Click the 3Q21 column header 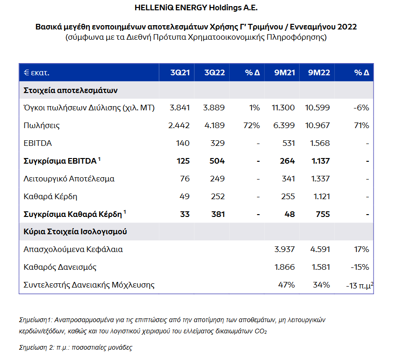[180, 72]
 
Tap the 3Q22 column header [215, 72]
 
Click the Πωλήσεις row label [42, 125]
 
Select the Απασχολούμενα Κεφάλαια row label [73, 249]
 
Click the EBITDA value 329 [217, 143]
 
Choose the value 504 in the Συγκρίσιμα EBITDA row [217, 161]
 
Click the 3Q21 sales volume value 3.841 [180, 108]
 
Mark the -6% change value [361, 108]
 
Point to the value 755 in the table [323, 214]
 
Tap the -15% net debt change [360, 267]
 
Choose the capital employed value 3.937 [284, 249]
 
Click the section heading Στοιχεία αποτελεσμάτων [70, 90]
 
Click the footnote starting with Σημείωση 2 [75, 347]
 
